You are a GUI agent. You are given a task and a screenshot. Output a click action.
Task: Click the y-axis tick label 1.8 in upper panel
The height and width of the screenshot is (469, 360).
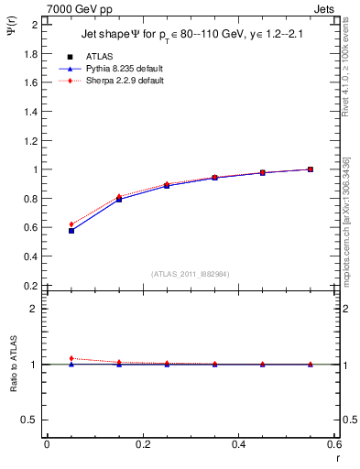[29, 53]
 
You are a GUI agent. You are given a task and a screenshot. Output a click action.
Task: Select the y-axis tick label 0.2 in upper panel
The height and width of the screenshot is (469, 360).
[29, 286]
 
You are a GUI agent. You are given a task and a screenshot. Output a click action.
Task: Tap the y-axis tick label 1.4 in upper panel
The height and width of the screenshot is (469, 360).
[29, 111]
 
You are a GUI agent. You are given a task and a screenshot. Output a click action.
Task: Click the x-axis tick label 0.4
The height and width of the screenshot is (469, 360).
[238, 444]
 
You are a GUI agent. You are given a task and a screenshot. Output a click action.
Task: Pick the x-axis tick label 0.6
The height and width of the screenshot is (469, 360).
[333, 444]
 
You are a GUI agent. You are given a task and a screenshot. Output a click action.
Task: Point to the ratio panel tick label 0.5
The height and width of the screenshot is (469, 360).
[29, 420]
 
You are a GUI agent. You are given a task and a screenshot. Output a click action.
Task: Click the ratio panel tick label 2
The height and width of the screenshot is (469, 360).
[34, 309]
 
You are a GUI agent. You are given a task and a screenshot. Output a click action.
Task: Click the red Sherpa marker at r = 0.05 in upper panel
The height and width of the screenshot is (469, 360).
[71, 224]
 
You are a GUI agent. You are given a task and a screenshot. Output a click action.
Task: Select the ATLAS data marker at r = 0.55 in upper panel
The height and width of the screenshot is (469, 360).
[311, 169]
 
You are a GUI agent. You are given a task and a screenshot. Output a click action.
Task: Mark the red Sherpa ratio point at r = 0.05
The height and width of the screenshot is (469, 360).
[71, 358]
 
